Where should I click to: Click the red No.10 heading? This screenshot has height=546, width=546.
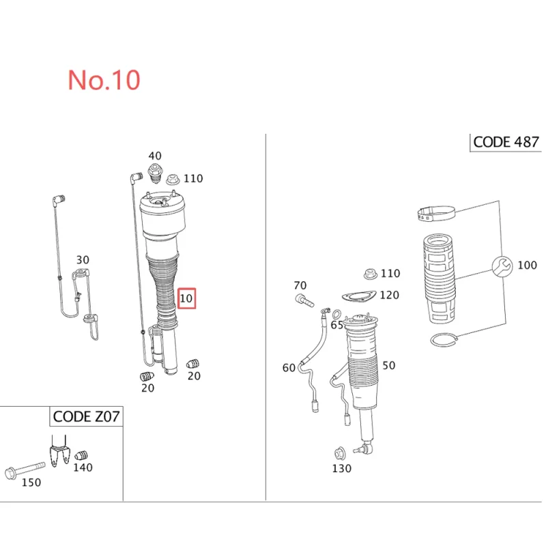104,80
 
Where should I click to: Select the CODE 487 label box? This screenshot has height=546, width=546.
506,143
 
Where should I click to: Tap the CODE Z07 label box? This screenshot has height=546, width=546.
86,416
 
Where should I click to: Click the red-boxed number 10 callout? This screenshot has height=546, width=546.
186,298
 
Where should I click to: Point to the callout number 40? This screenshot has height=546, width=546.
155,156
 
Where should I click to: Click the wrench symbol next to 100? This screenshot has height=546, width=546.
502,267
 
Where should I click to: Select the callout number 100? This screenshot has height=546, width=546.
527,265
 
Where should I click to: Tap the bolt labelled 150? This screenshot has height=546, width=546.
25,470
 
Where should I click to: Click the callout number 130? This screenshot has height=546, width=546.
342,468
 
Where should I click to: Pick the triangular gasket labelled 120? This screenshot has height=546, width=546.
359,297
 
